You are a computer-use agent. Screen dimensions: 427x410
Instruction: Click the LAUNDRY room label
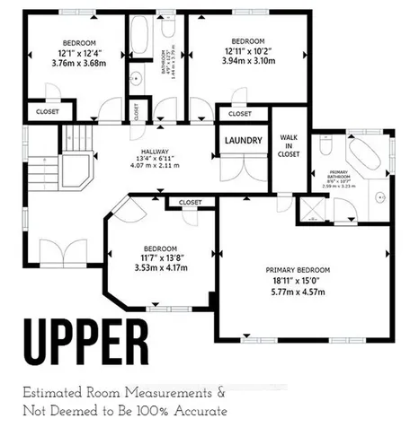pos(243,140)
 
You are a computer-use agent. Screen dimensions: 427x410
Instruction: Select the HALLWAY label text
pos(154,151)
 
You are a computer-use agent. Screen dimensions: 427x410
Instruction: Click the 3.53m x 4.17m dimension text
pos(161,267)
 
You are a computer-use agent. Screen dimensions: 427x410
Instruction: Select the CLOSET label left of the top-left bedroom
pos(44,111)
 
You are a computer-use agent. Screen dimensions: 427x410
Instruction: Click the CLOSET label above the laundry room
pos(240,115)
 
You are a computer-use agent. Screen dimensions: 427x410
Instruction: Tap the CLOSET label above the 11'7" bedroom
pos(191,203)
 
